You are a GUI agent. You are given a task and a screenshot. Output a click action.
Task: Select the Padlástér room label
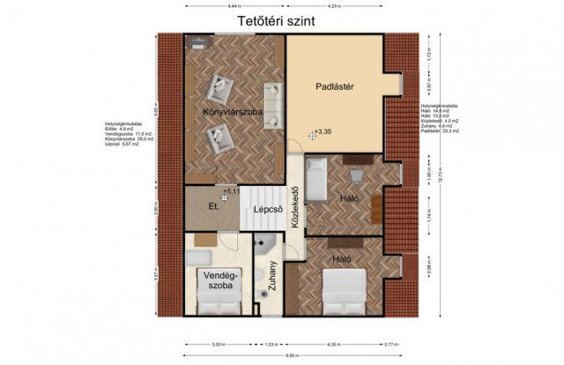tap(335, 86)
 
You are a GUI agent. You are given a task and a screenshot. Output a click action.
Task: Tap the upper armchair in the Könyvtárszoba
tap(217, 88)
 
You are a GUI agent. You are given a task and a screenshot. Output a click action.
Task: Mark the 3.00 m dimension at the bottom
tap(218, 344)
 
